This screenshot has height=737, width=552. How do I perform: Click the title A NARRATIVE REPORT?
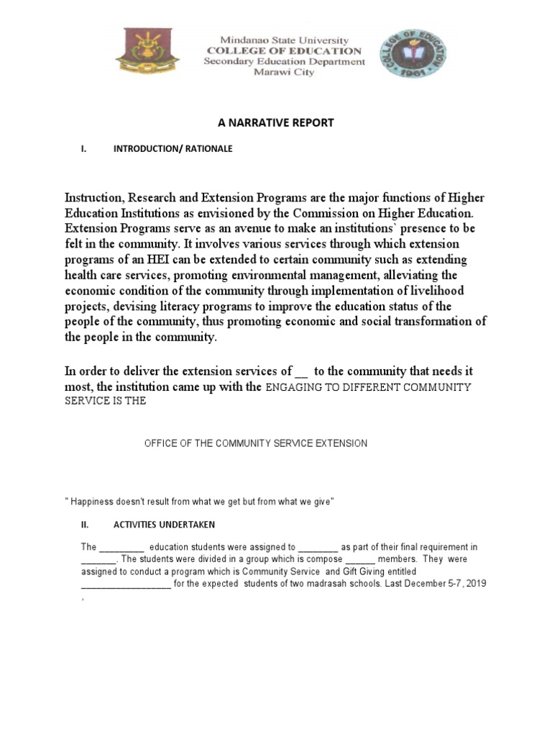[x=276, y=123]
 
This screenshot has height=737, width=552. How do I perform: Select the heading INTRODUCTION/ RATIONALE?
[x=172, y=149]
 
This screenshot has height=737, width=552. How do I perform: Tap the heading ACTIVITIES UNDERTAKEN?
[x=163, y=525]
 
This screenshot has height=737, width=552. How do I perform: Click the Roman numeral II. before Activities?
[x=84, y=525]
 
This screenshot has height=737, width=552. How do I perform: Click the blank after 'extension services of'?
[x=301, y=372]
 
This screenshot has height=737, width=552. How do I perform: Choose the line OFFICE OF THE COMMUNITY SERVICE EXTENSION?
[x=256, y=443]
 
